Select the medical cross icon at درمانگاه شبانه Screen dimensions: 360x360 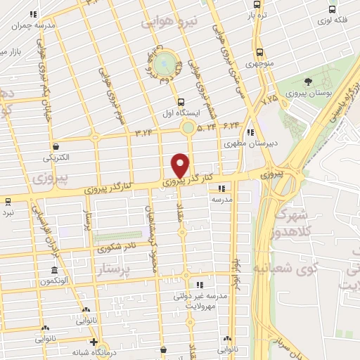(94, 342)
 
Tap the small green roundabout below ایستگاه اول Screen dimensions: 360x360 (188, 128)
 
